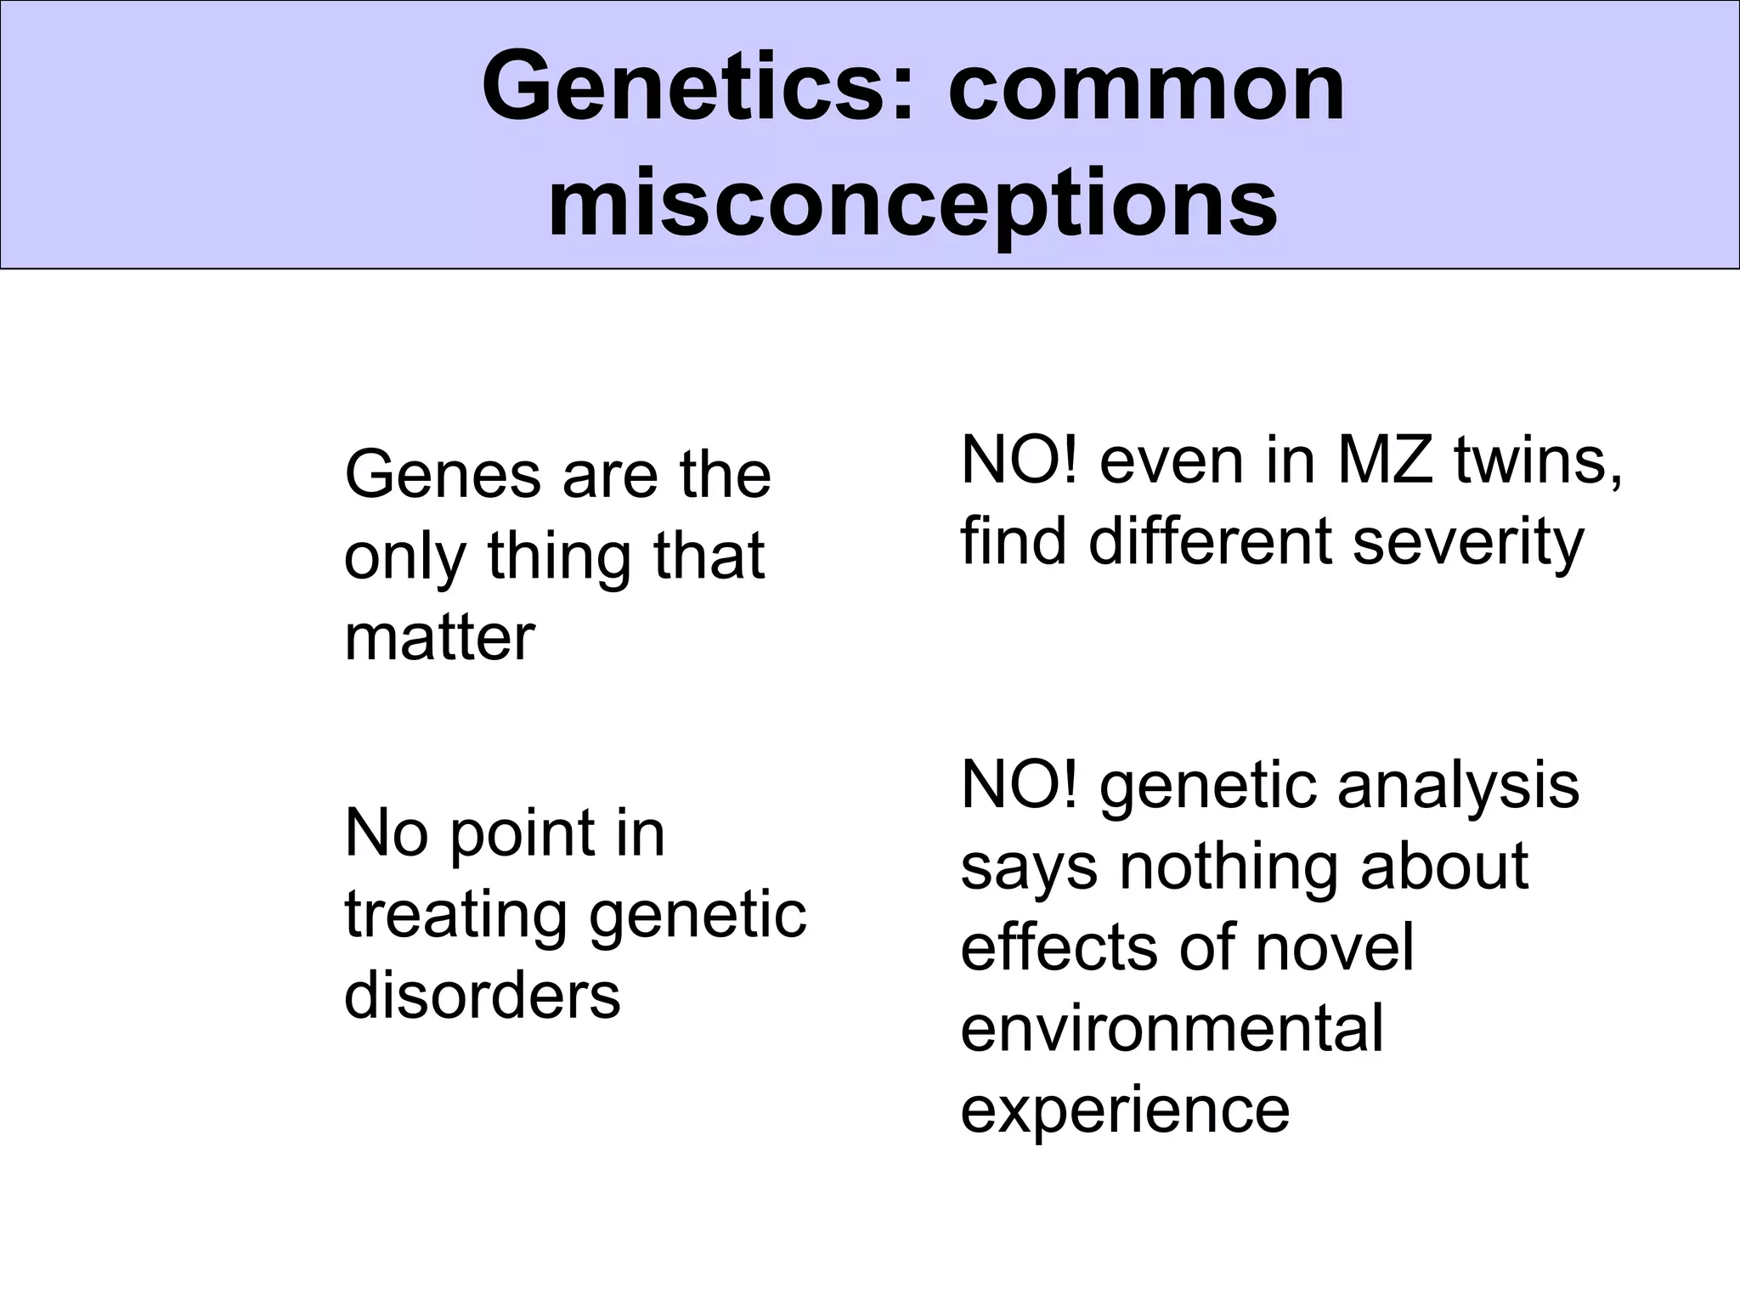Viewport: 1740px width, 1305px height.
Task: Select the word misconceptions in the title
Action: click(912, 204)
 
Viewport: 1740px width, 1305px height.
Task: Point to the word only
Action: click(404, 557)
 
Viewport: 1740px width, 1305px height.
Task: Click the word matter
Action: click(439, 637)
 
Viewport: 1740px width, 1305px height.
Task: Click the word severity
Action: click(1468, 541)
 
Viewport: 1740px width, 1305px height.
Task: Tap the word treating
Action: click(455, 916)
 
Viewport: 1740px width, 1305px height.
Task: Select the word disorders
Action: click(482, 995)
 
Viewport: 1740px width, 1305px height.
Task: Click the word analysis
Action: click(1458, 787)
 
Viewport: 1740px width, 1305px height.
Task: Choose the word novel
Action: click(1335, 947)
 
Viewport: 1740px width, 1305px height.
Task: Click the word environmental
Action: click(1172, 1028)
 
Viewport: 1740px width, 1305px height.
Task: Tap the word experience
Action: click(1125, 1110)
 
